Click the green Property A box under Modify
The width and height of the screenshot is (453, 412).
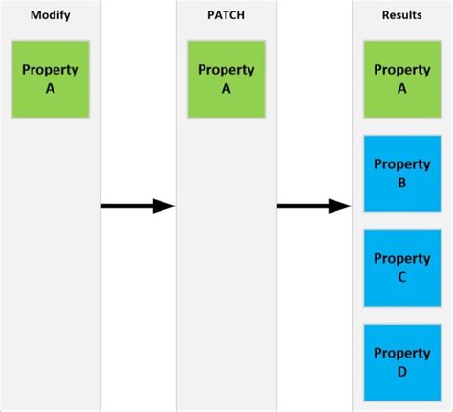(51, 78)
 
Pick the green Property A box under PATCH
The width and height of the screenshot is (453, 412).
(226, 78)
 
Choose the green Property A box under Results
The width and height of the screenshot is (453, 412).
(402, 78)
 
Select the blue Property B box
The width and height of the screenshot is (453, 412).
(402, 173)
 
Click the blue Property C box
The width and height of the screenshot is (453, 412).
(402, 268)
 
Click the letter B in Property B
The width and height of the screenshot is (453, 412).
(402, 183)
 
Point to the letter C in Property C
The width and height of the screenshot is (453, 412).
(402, 277)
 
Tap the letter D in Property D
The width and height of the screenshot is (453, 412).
(402, 371)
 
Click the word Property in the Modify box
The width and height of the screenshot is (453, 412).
(51, 70)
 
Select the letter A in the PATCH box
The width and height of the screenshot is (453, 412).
(226, 88)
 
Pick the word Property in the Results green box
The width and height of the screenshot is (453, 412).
(402, 70)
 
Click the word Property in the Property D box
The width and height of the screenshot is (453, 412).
(402, 353)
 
